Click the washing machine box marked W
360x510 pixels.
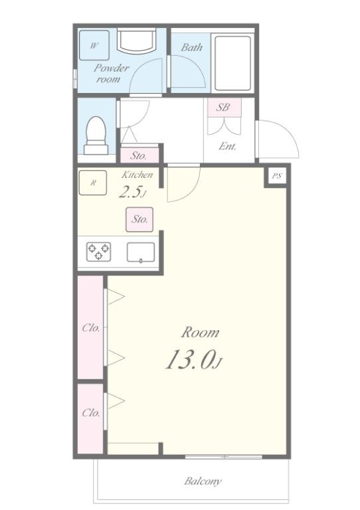94,46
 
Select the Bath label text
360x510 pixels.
192,48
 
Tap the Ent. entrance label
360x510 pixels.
227,146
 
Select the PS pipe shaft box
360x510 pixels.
276,176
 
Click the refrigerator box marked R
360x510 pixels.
93,183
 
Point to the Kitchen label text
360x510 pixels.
137,175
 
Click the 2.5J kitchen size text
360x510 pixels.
132,193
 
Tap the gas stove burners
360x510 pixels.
99,252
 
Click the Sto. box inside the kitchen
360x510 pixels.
139,218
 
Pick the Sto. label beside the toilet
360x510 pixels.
139,156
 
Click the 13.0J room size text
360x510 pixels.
193,360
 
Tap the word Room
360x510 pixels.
201,333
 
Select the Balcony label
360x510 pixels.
203,481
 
